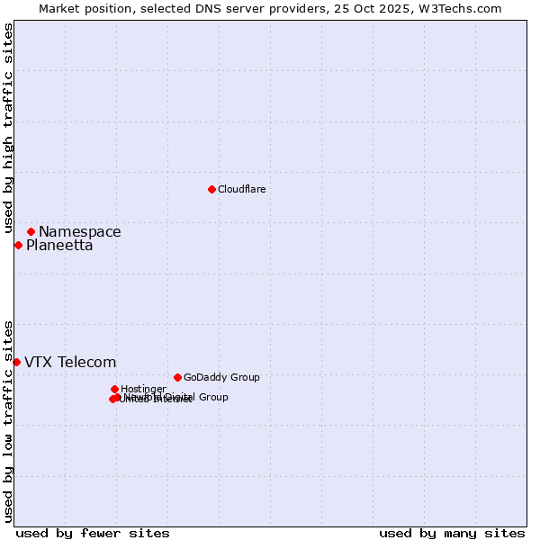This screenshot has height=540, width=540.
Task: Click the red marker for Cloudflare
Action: click(x=211, y=189)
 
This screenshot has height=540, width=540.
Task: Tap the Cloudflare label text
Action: click(x=241, y=189)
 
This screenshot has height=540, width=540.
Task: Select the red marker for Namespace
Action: click(x=31, y=231)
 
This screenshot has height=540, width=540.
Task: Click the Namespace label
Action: click(x=79, y=232)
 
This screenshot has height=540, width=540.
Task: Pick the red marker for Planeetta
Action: click(x=18, y=245)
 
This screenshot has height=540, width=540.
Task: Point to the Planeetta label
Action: click(x=59, y=246)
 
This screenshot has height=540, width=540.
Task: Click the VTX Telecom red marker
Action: click(x=16, y=362)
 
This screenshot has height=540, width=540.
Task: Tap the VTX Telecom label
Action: click(x=70, y=363)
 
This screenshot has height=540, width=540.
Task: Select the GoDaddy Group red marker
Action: click(x=177, y=377)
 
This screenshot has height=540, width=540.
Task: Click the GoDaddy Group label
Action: click(x=221, y=377)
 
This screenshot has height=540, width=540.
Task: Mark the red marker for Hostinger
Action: click(x=114, y=389)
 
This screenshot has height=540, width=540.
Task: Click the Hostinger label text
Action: click(x=143, y=389)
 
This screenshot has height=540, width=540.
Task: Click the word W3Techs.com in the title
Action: click(x=463, y=8)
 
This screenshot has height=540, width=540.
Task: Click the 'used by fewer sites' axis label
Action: click(x=93, y=533)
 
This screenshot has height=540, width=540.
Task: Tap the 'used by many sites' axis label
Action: click(x=452, y=533)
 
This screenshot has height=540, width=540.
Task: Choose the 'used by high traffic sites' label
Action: click(x=8, y=129)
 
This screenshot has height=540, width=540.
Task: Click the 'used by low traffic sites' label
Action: click(x=8, y=420)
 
